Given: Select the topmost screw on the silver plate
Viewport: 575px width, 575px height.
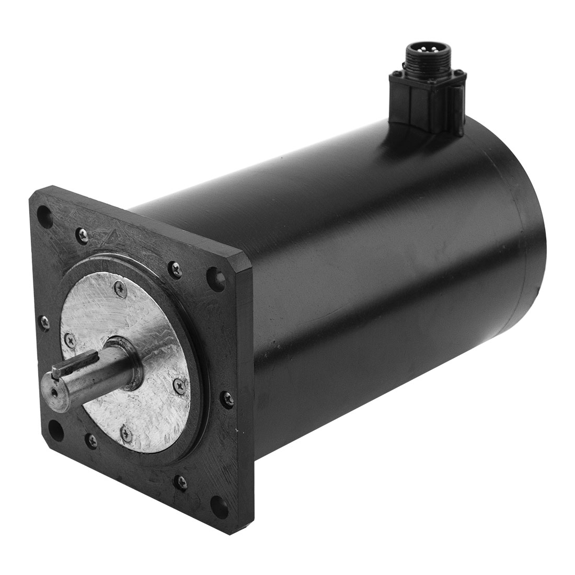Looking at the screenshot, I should (x=121, y=285).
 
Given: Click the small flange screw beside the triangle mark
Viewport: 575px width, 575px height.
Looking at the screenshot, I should (x=81, y=235).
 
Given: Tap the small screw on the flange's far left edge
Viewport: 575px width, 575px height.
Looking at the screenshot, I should (x=45, y=321).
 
